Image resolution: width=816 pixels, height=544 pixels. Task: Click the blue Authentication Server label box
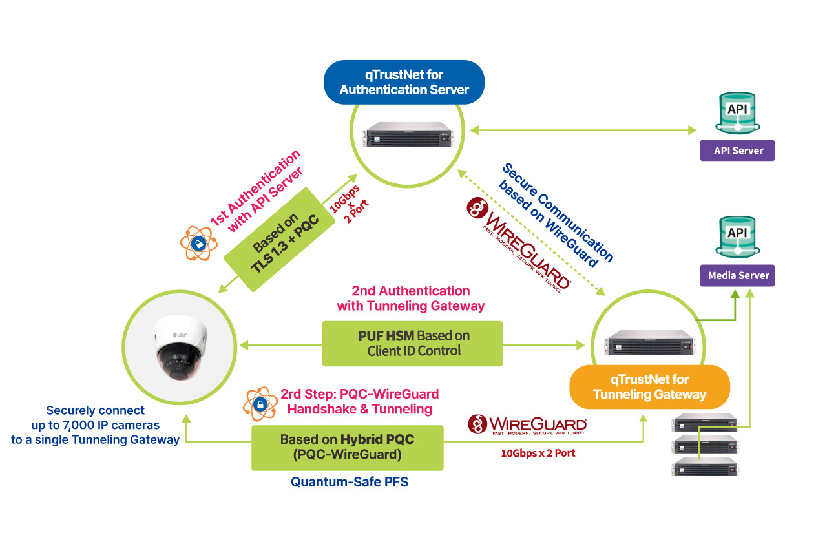coord(404,82)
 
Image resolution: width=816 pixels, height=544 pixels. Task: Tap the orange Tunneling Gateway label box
coord(649,386)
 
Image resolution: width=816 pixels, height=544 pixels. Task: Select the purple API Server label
coord(738,151)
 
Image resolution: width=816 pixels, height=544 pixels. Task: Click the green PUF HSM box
coord(413,343)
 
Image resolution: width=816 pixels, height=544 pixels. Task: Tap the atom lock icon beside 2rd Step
coord(260,404)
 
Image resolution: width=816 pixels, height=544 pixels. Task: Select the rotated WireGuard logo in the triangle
coord(519,245)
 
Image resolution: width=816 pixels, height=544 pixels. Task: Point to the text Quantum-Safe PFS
coord(349,482)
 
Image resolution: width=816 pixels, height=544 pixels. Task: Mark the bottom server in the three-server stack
coord(705,466)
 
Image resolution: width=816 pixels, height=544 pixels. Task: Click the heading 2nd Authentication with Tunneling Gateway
coord(410,298)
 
